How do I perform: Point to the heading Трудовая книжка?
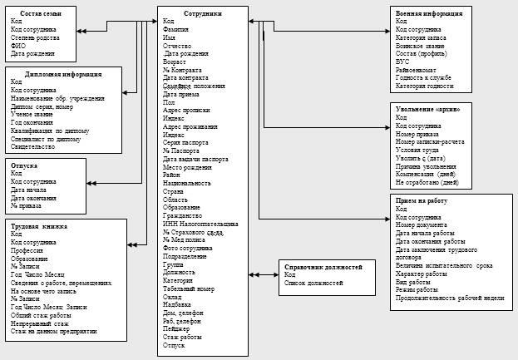tap(38, 226)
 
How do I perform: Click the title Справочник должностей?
tap(323, 267)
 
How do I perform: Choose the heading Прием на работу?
tap(423, 200)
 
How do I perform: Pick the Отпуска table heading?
tap(27, 165)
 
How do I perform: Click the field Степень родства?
tap(35, 37)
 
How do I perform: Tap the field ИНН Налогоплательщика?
tap(200, 224)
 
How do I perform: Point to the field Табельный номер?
tap(189, 288)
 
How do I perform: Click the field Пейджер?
tap(178, 328)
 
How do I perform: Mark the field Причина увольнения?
tap(427, 166)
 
